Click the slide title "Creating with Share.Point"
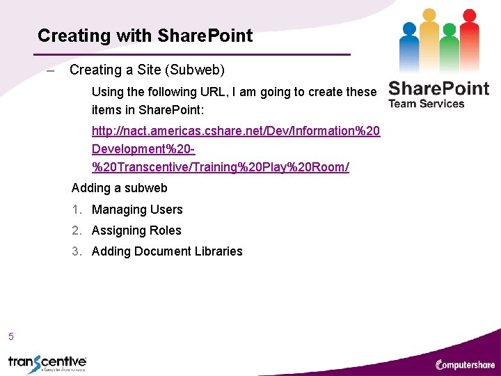coord(145,36)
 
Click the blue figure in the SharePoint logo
coord(410,45)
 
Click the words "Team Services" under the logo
coord(426,104)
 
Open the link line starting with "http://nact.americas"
coord(236,131)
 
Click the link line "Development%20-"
coord(143,149)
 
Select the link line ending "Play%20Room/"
coord(220,168)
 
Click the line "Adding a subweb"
coord(119,188)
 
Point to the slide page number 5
coord(11,337)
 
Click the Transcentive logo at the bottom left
coord(47,363)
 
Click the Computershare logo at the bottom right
coord(465,364)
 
